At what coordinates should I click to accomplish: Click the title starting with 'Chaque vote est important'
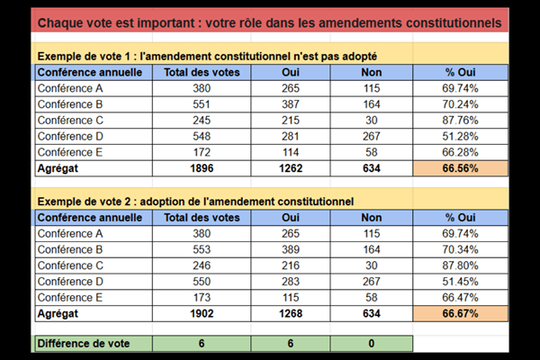[x=270, y=22]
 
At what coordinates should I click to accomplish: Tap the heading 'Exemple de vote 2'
[x=194, y=200]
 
